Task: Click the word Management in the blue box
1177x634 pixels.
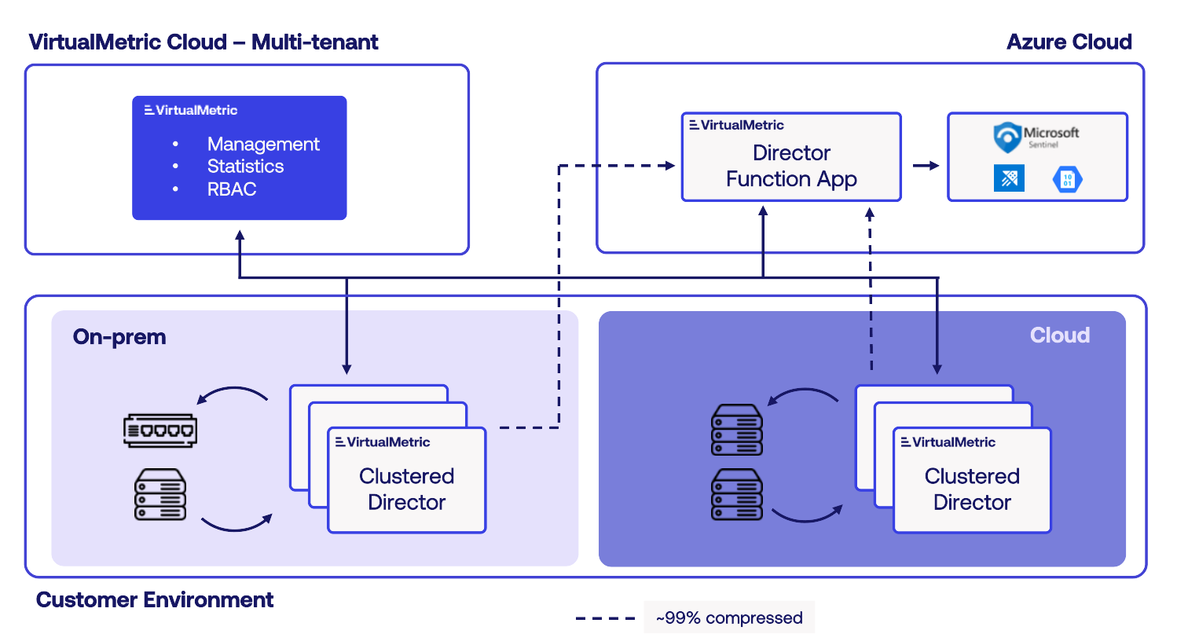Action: tap(263, 145)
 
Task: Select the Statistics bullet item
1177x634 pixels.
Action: tap(245, 167)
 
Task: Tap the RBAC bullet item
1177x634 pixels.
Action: tap(232, 189)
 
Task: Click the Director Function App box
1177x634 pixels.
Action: tap(790, 166)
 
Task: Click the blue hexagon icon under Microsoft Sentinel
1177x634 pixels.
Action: tap(1067, 179)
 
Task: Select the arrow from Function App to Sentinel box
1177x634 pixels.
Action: tap(925, 166)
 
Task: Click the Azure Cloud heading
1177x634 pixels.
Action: tap(1069, 42)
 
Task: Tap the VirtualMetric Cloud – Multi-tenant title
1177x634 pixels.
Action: tap(203, 42)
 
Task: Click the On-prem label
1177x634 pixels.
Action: tap(119, 337)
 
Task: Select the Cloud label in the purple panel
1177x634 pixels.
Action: tap(1059, 335)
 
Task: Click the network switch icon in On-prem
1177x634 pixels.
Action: tap(159, 431)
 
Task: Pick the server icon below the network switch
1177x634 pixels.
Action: tap(159, 494)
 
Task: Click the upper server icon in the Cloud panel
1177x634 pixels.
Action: tap(736, 430)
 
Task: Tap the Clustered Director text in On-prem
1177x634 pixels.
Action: tap(406, 489)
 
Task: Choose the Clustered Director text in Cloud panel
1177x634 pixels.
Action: tap(972, 489)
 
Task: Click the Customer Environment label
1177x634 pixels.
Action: tap(155, 600)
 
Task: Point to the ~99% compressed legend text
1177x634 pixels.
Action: tap(728, 618)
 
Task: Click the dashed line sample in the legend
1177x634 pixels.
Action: tap(605, 618)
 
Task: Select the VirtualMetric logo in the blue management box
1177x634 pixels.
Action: tap(191, 110)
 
